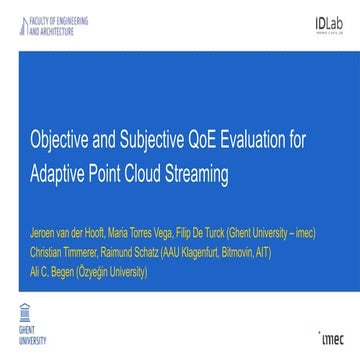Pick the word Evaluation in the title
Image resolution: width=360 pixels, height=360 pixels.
click(250, 141)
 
